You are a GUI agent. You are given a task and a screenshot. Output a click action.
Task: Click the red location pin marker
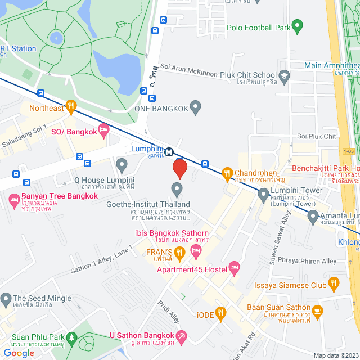click(179, 168)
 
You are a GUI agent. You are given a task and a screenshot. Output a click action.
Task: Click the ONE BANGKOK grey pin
click(195, 106)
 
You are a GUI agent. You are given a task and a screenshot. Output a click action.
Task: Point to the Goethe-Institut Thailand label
click(148, 204)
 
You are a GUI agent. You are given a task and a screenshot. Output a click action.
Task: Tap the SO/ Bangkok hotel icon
click(103, 131)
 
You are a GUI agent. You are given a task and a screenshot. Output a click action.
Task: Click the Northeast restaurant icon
click(70, 105)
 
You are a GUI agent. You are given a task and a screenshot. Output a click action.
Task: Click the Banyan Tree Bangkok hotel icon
click(14, 199)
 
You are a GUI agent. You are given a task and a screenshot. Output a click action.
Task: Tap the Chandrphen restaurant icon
click(227, 173)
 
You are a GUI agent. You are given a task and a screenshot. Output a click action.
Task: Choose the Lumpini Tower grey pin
click(263, 195)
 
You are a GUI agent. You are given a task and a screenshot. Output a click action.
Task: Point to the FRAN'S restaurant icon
click(179, 254)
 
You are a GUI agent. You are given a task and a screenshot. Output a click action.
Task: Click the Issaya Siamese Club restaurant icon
click(334, 282)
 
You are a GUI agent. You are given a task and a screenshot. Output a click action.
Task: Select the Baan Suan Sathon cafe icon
click(318, 310)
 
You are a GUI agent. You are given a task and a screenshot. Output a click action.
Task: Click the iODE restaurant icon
click(222, 312)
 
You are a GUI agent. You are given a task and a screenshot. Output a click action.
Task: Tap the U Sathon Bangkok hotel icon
click(181, 337)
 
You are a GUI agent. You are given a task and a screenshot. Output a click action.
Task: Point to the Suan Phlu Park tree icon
click(71, 338)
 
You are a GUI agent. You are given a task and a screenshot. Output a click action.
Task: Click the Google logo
click(19, 353)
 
